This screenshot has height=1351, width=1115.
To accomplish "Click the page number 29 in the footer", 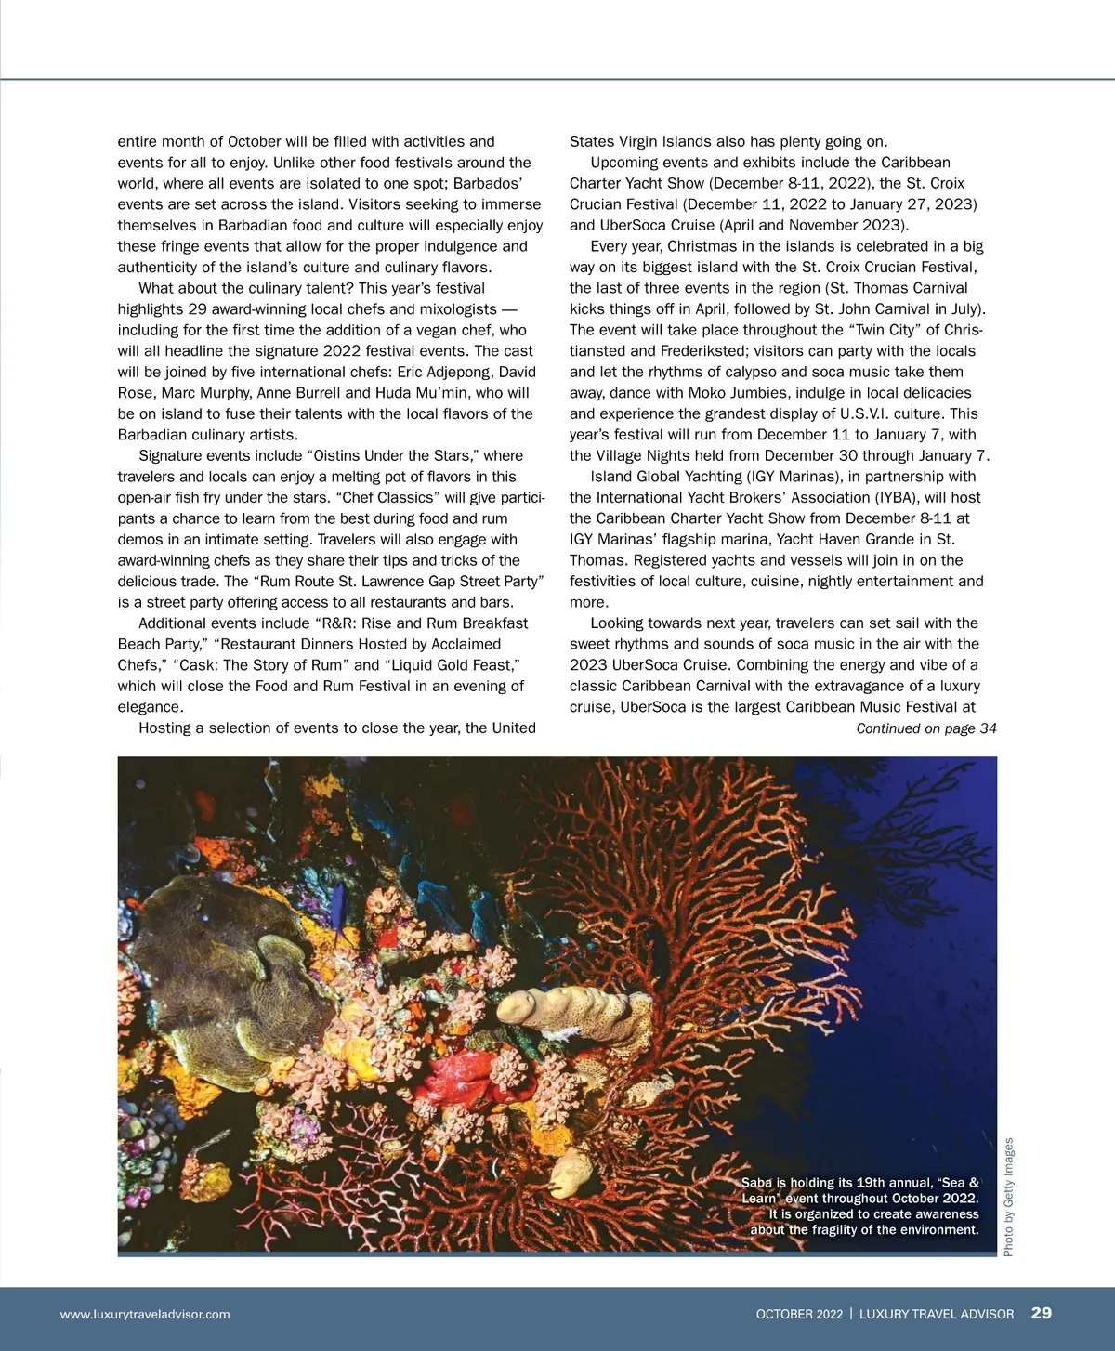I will pos(1041,1313).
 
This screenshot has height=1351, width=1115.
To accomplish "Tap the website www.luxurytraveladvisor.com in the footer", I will pos(145,1314).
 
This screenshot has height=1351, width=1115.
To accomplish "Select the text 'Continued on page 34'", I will pos(925,728).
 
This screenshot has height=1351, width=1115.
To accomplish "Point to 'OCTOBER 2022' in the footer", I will pos(799,1314).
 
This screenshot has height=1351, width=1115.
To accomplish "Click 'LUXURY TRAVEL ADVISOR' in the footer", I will pos(937,1314).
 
